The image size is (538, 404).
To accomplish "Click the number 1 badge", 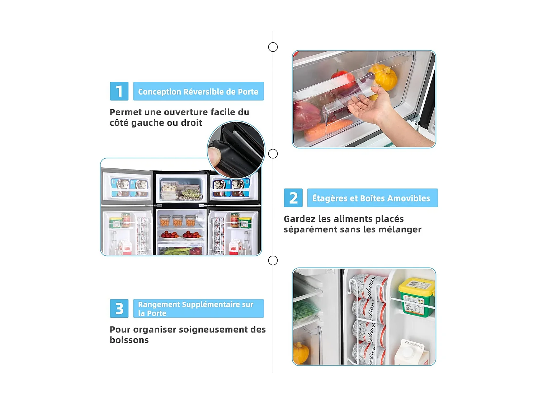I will point(119,91).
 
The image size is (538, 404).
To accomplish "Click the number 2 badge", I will point(293,198).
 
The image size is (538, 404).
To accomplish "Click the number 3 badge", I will point(119,308).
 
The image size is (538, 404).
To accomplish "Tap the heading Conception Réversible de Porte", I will point(198,92).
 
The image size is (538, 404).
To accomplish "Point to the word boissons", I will point(129,340).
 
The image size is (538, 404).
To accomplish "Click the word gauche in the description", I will point(147,123).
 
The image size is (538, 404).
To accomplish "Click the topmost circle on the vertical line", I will point(273,47).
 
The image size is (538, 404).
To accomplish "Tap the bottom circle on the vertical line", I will point(273,260).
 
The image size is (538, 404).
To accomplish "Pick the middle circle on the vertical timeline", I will point(273,154).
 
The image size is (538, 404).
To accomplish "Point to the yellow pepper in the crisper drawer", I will point(384,76).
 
